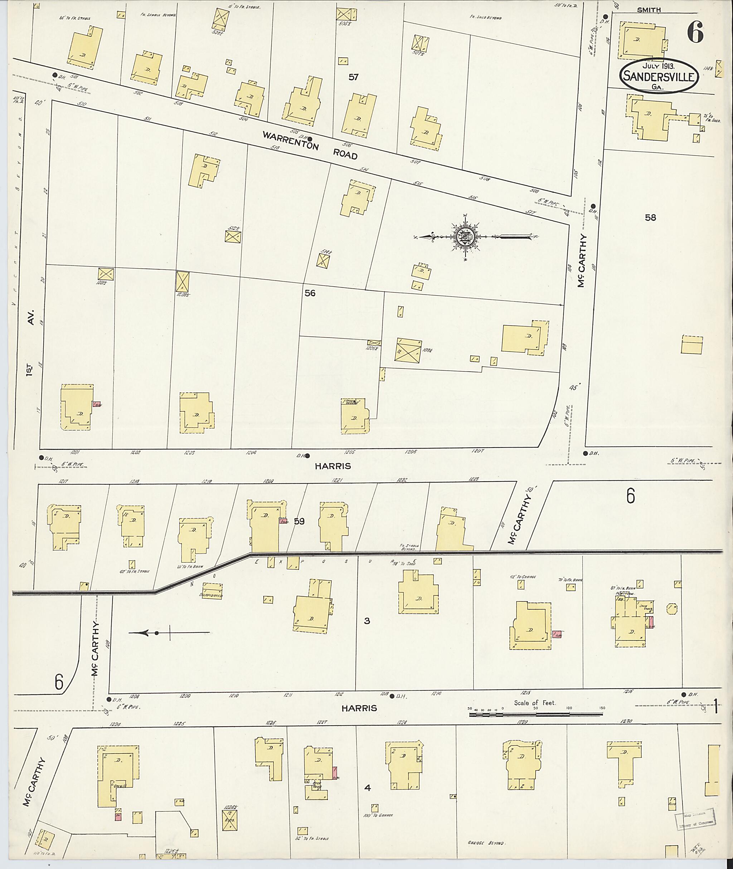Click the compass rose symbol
pyautogui.click(x=465, y=237)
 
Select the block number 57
pyautogui.click(x=353, y=77)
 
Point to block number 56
pyautogui.click(x=310, y=293)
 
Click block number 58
pyautogui.click(x=650, y=217)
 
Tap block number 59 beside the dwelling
pyautogui.click(x=299, y=521)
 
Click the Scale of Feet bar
pyautogui.click(x=536, y=714)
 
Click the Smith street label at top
pyautogui.click(x=649, y=10)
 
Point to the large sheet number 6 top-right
pyautogui.click(x=695, y=32)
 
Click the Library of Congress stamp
pyautogui.click(x=695, y=817)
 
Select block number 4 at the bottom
pyautogui.click(x=367, y=787)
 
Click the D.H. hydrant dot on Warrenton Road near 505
pyautogui.click(x=310, y=139)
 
